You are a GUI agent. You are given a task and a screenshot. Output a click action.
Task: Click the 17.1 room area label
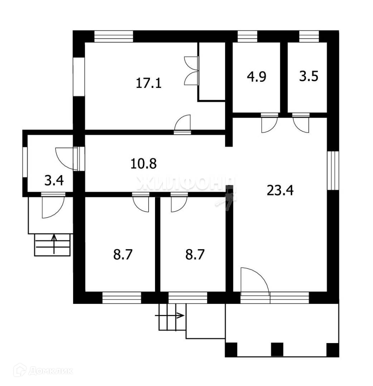click(x=149, y=83)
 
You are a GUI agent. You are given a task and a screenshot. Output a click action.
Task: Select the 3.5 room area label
click(x=309, y=77)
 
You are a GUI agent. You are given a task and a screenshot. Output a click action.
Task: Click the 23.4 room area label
click(x=280, y=190)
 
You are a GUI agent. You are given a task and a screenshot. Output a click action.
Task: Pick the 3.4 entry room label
click(x=54, y=180)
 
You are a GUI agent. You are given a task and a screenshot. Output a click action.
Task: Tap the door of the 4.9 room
click(x=270, y=123)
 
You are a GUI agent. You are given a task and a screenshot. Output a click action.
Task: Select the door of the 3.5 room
click(x=301, y=123)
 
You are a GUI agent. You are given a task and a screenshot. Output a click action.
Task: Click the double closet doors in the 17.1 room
click(x=191, y=71)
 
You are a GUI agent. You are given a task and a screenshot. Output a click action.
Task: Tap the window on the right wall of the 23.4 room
click(x=333, y=170)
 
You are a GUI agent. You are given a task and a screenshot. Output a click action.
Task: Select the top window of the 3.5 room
click(x=309, y=36)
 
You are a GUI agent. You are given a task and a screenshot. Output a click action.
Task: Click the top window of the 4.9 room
click(x=247, y=36)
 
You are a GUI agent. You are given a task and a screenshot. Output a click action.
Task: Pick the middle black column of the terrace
click(x=277, y=349)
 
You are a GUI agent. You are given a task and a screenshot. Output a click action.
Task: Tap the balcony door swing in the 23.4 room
click(x=254, y=281)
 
